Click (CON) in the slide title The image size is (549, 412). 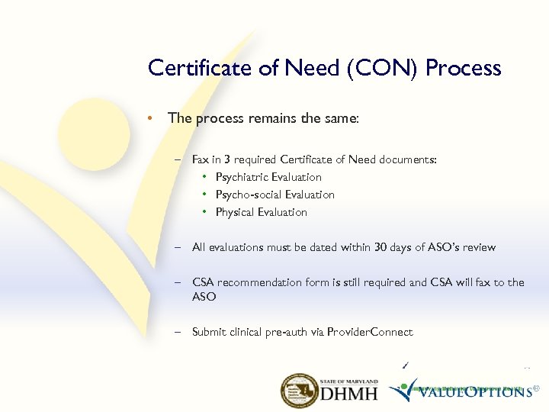point(387,68)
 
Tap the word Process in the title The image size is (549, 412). point(464,68)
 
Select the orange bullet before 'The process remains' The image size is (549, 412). point(152,118)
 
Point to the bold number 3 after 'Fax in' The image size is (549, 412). point(227,159)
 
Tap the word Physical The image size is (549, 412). point(235,212)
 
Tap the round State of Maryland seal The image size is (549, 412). point(300,391)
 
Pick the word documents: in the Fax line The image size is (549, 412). point(410,159)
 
